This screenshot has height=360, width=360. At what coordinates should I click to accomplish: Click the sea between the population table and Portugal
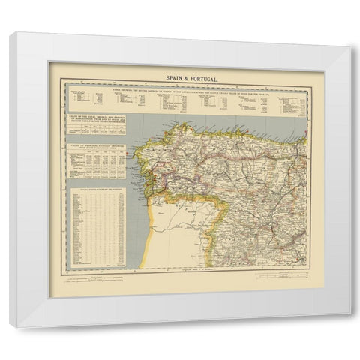[x=136, y=225]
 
